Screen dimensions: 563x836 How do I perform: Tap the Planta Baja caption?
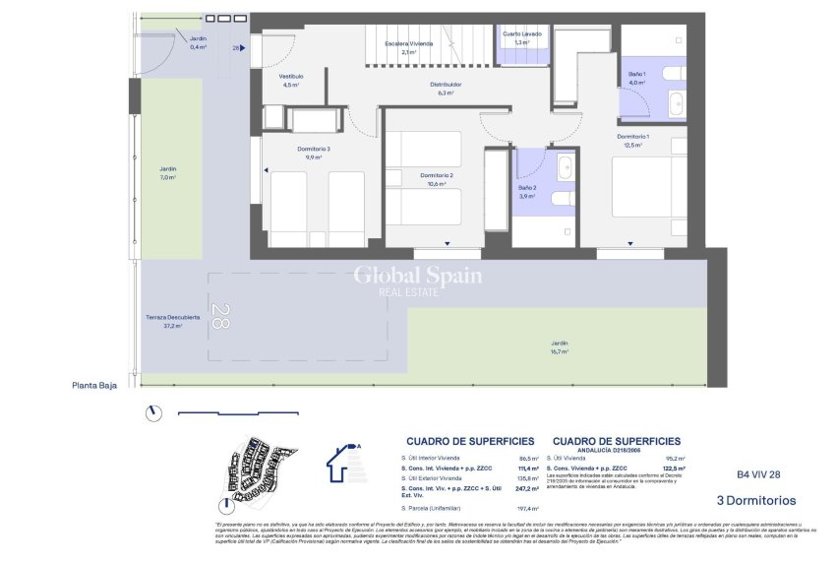93,386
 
